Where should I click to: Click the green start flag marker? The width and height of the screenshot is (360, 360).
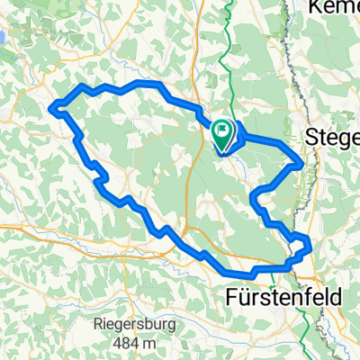[222, 133]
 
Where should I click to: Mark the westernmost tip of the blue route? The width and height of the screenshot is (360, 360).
[51, 108]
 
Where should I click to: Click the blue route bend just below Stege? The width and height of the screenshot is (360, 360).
[299, 163]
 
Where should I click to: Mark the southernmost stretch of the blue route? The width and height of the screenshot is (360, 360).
[238, 273]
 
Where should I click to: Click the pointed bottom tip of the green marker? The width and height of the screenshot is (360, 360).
[222, 147]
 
